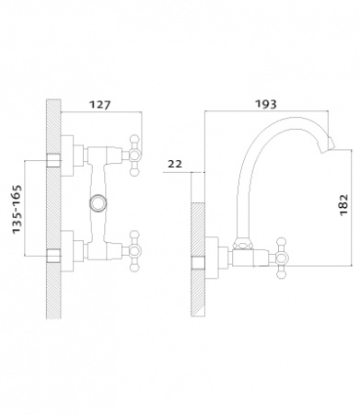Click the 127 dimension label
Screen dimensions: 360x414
pyautogui.click(x=99, y=105)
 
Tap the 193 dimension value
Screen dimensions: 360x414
pyautogui.click(x=266, y=104)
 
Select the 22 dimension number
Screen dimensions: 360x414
pyautogui.click(x=175, y=164)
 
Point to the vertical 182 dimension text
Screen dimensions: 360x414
pyautogui.click(x=344, y=204)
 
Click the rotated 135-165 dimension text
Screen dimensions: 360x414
pyautogui.click(x=17, y=209)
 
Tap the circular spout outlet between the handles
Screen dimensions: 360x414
pyautogui.click(x=99, y=203)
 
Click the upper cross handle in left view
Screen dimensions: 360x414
pyautogui.click(x=134, y=155)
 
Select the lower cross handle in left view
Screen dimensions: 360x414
pyautogui.click(x=134, y=251)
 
